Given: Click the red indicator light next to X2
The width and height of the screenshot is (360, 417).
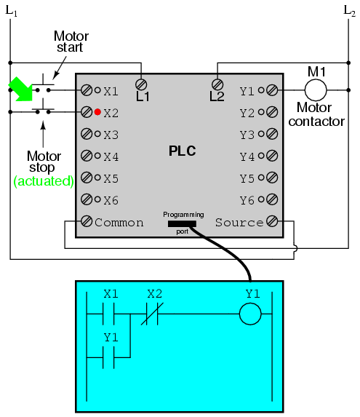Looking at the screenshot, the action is (x=97, y=112).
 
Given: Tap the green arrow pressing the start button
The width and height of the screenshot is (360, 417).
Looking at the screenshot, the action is (x=21, y=89).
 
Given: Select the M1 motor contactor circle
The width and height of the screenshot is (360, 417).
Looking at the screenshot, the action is (x=316, y=90).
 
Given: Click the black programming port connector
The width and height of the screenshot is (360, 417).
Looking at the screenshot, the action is (x=182, y=224).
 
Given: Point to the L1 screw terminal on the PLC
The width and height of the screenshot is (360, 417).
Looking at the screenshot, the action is (x=141, y=84).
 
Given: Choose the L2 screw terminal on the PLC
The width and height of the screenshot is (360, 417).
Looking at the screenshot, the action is (x=217, y=84).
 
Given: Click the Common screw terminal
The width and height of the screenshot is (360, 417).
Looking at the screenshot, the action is (x=87, y=221).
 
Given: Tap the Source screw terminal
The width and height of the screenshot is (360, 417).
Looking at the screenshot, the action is (x=272, y=221).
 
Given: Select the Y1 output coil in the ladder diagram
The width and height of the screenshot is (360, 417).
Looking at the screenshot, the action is (x=250, y=314).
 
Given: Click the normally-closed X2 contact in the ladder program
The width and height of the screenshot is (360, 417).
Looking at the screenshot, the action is (x=152, y=314).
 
